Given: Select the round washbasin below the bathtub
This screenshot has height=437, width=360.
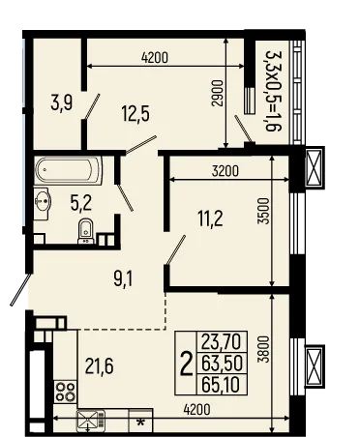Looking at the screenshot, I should point(43,202).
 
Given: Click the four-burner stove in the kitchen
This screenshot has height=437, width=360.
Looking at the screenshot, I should point(66,392).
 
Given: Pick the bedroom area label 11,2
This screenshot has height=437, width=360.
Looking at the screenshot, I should point(212,218).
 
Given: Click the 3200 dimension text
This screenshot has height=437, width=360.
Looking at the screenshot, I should point(222,171).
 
